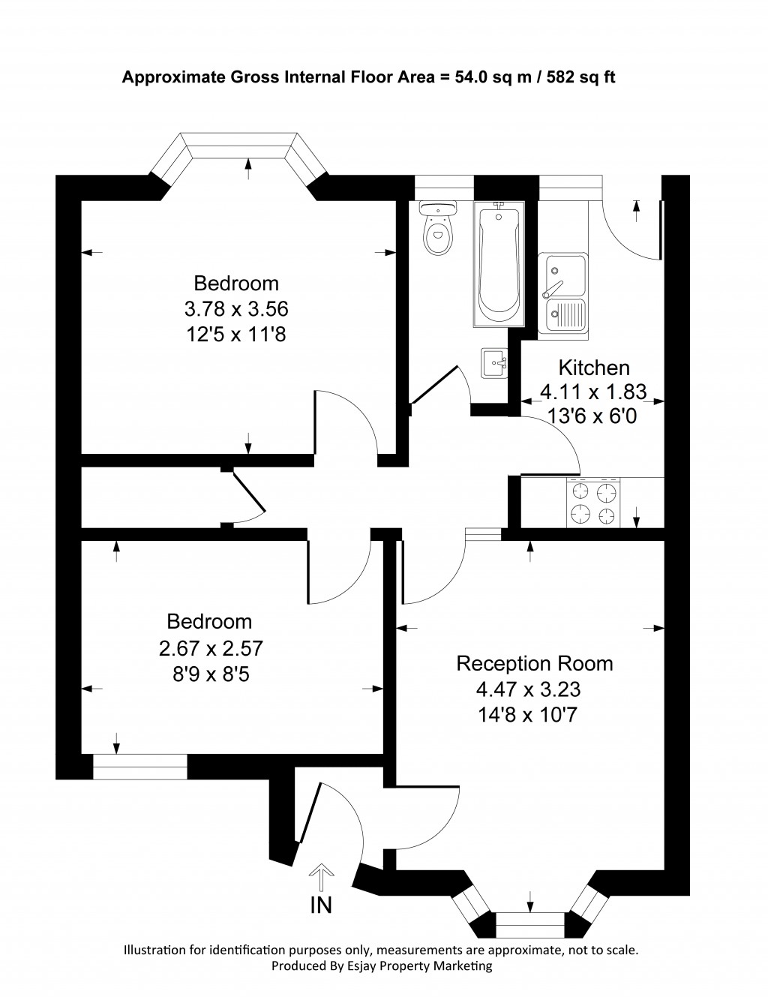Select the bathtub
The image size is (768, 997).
pyautogui.click(x=499, y=263)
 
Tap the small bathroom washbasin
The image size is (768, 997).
pyautogui.click(x=495, y=363)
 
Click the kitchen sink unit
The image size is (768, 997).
pyautogui.click(x=564, y=293)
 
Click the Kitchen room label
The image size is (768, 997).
pyautogui.click(x=594, y=368)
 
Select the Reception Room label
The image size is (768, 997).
pyautogui.click(x=535, y=663)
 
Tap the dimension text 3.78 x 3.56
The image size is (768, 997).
pyautogui.click(x=236, y=308)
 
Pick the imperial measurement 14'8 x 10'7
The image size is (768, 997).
pyautogui.click(x=528, y=714)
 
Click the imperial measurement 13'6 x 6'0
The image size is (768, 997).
pyautogui.click(x=594, y=415)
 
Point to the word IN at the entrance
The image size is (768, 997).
pyautogui.click(x=321, y=905)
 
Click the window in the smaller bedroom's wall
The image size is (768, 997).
pyautogui.click(x=139, y=767)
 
